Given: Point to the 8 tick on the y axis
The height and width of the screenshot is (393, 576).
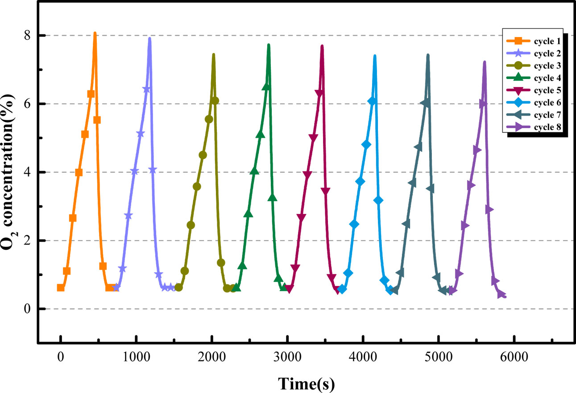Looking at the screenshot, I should [28, 35].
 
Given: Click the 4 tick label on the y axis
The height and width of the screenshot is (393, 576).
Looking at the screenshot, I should [28, 172].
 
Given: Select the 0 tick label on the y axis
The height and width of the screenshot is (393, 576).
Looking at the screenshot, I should [28, 309].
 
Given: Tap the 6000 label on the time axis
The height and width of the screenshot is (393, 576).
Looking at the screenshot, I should [514, 357].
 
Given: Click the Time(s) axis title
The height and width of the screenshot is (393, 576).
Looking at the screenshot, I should [307, 382].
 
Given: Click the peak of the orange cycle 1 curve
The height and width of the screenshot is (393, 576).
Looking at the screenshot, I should [95, 33].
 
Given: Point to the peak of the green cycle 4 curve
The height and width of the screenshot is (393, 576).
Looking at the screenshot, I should [268, 45].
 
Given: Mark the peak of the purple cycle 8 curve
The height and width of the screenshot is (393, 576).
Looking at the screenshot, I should [484, 62].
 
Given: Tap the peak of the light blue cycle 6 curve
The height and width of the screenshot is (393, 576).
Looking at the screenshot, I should [375, 56].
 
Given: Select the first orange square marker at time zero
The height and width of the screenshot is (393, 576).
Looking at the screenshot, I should [61, 288].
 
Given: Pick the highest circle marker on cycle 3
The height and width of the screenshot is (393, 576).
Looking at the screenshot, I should [215, 100].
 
